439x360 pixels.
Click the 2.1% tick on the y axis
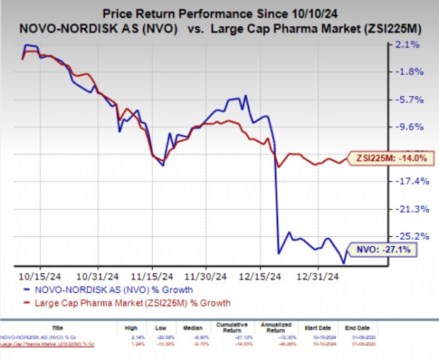[x=410, y=45]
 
